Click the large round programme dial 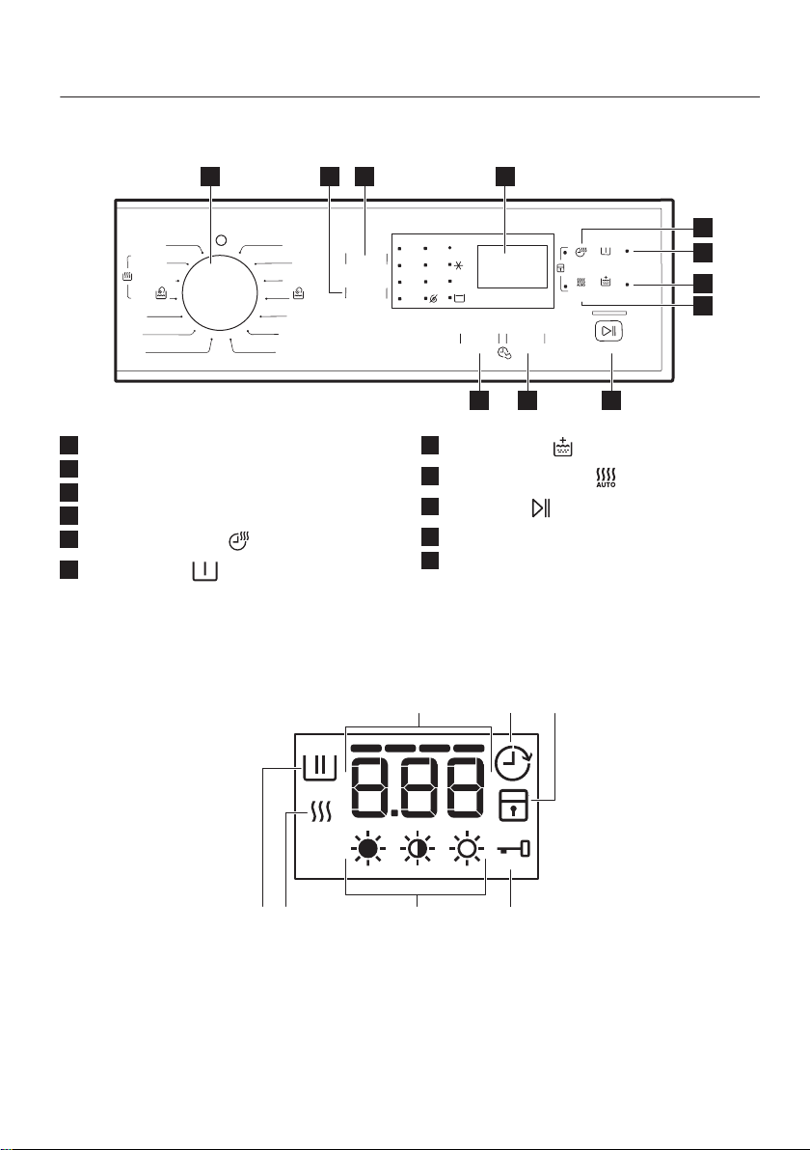coord(220,293)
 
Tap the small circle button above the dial coord(222,239)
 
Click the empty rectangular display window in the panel coord(512,267)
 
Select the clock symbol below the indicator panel coord(503,353)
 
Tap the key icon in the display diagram coord(513,850)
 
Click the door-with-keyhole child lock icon coord(513,806)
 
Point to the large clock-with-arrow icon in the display coord(512,763)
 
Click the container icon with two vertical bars coord(319,767)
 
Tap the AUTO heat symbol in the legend coord(606,479)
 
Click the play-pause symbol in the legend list coord(541,507)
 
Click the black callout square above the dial coord(211,176)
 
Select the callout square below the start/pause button coord(610,400)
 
